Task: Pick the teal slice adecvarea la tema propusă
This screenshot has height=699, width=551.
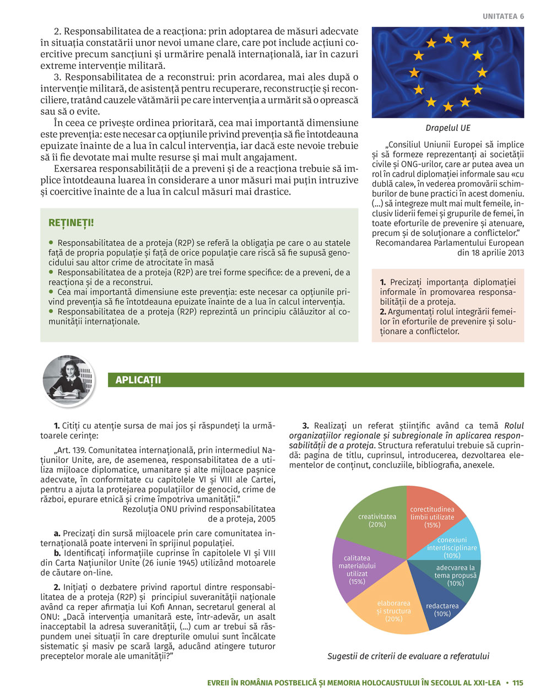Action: point(456,576)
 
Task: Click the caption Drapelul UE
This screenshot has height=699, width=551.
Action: point(447,128)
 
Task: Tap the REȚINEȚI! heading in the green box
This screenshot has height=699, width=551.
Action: point(71,223)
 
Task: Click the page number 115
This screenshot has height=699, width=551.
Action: point(517,682)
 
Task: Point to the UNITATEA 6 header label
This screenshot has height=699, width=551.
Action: point(503,17)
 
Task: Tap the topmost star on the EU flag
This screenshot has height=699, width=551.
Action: point(448,39)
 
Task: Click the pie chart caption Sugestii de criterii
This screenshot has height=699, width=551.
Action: point(408,656)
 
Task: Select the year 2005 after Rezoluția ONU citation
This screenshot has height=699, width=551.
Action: point(266,519)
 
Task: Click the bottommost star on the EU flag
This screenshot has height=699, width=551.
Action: point(448,106)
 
